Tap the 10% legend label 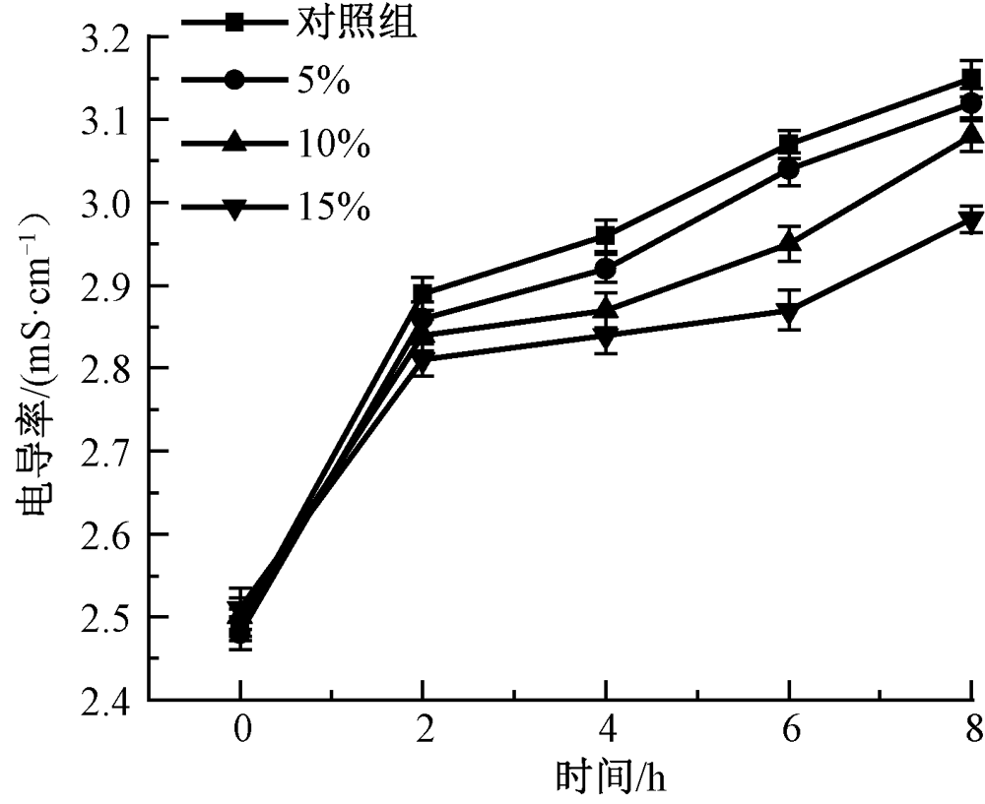(x=332, y=146)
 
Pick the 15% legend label (x=332, y=208)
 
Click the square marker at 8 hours (x=971, y=79)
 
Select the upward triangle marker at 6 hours (x=788, y=243)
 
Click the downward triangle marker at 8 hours (x=971, y=220)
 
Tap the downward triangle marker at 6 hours (x=788, y=312)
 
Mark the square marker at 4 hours (x=605, y=236)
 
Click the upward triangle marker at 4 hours (x=605, y=309)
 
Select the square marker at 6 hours (x=788, y=146)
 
